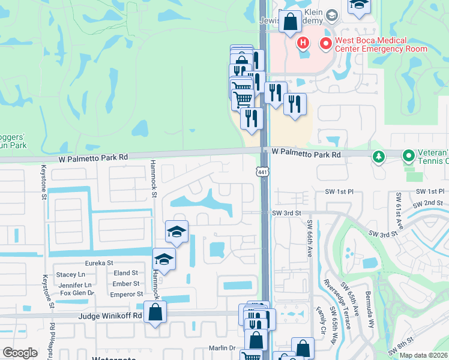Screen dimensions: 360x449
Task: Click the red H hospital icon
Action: click(304, 43)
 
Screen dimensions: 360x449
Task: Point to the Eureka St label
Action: click(99, 263)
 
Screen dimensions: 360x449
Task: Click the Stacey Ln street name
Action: click(71, 274)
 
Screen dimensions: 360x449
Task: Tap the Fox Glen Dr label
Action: click(77, 293)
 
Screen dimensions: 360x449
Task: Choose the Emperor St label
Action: click(127, 294)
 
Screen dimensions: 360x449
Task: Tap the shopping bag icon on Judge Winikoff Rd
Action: click(155, 312)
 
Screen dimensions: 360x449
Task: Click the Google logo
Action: click(20, 353)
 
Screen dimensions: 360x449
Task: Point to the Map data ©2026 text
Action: click(423, 355)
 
